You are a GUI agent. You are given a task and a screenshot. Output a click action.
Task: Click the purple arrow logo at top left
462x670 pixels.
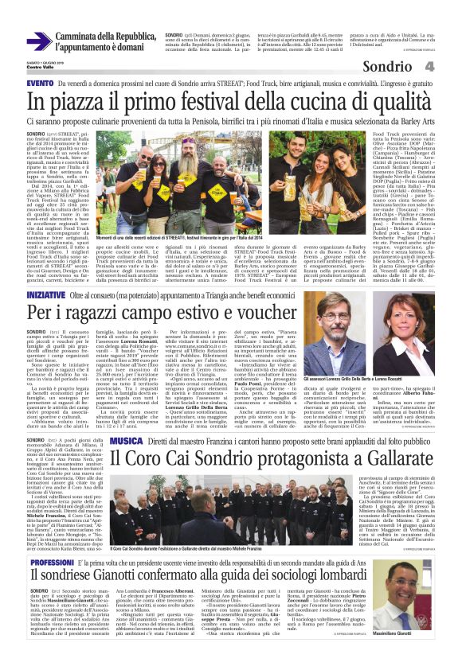tap(39, 41)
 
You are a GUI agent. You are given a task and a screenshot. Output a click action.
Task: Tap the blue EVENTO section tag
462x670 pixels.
tap(41, 83)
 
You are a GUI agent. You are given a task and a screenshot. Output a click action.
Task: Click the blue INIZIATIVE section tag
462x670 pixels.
tap(45, 294)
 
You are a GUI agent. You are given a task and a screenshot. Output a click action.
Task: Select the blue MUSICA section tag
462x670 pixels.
tap(126, 440)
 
